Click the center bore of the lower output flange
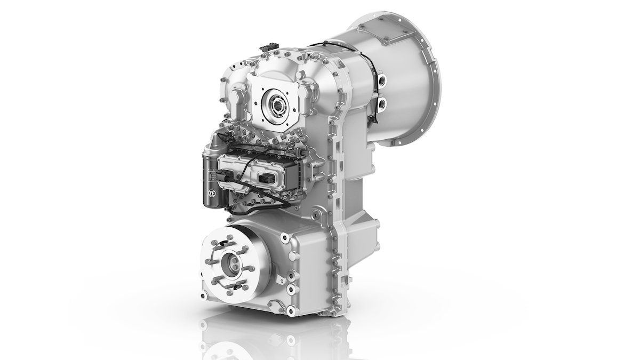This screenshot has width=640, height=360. pyautogui.click(x=233, y=262)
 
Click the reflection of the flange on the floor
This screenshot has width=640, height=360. pyautogui.click(x=235, y=341)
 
